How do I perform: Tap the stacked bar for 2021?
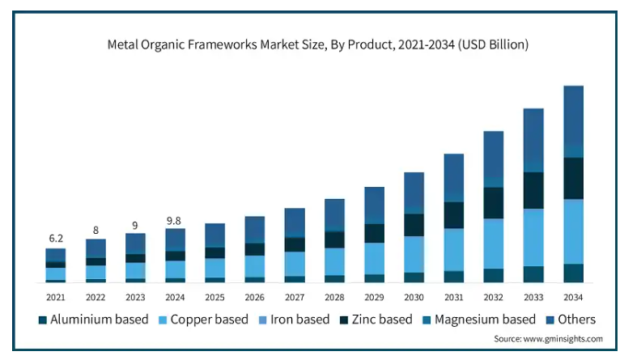(x=56, y=265)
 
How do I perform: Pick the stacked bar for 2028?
(x=334, y=240)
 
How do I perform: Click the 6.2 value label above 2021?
(x=56, y=239)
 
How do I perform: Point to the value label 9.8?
(x=175, y=218)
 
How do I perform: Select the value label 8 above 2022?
(x=96, y=230)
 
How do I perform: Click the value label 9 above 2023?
(x=135, y=225)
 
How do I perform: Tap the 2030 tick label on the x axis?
(x=414, y=296)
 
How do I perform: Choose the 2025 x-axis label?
(x=214, y=296)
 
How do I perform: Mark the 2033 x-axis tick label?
(x=533, y=296)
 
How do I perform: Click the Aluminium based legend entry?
(x=93, y=320)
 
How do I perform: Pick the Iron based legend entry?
(x=292, y=320)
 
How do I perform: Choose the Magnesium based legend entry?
(x=478, y=320)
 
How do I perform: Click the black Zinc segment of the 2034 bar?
(x=573, y=178)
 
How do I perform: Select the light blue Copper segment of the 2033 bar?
(x=533, y=237)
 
